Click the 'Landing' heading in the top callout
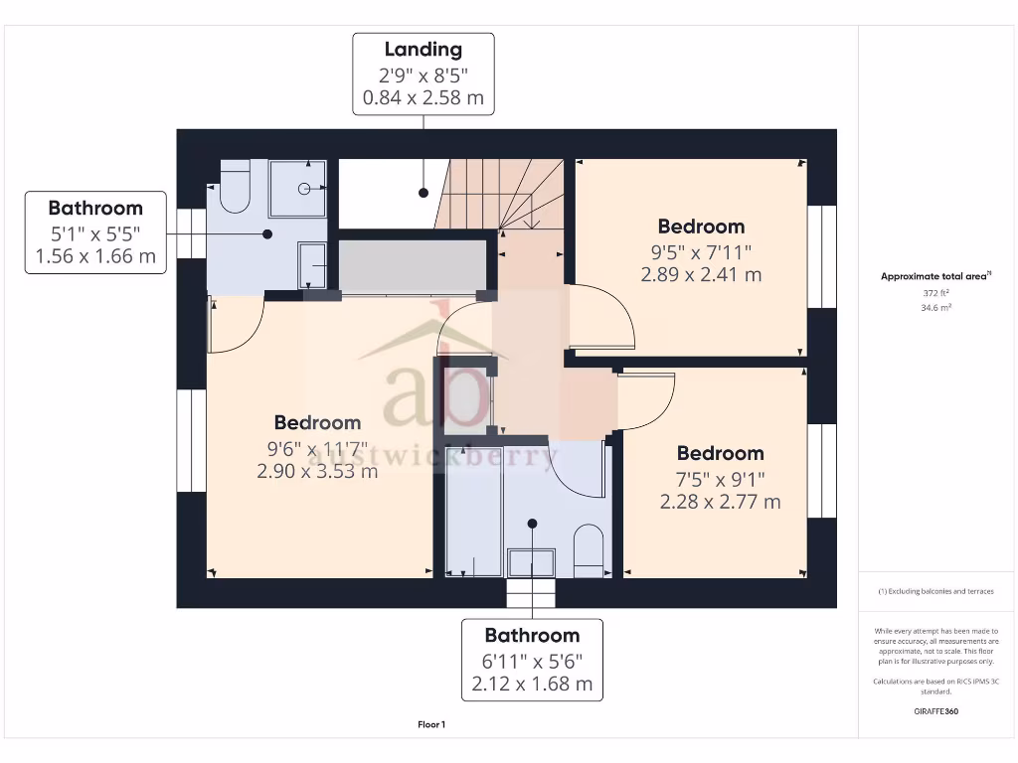[x=424, y=49]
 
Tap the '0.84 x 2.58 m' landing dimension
[x=424, y=97]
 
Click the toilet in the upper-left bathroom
[x=234, y=189]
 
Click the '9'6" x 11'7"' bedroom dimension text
[x=317, y=448]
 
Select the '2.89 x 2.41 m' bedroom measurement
[x=701, y=274]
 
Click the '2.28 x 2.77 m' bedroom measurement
[x=720, y=502]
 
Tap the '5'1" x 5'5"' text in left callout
[x=95, y=233]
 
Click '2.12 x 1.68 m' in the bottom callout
[x=532, y=684]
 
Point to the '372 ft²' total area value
[x=935, y=293]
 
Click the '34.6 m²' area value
[x=935, y=308]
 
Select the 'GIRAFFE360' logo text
[x=935, y=711]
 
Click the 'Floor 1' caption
[x=431, y=725]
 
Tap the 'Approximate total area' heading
[x=933, y=277]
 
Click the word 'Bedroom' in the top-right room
[x=701, y=227]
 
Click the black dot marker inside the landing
[x=424, y=192]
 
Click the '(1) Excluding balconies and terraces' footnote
[x=935, y=591]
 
